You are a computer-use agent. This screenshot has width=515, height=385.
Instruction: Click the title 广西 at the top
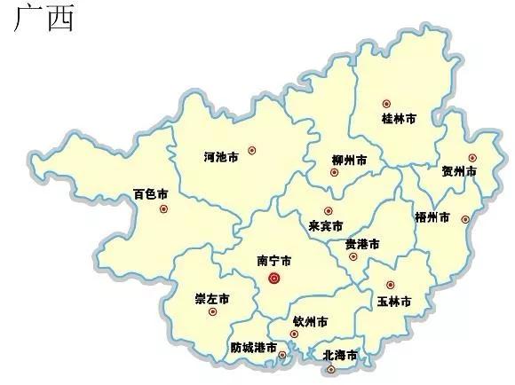(x=44, y=18)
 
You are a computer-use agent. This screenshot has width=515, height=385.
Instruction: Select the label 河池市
(x=221, y=157)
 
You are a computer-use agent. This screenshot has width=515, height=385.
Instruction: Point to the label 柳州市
(x=349, y=160)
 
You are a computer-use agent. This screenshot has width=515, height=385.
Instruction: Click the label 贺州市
(x=459, y=170)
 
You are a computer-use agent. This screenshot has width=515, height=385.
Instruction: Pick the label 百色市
(x=151, y=193)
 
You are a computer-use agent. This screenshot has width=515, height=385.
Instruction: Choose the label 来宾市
(x=326, y=225)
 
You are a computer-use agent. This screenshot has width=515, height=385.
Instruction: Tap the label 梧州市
(x=432, y=216)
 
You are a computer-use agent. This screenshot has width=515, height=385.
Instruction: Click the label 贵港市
(x=362, y=243)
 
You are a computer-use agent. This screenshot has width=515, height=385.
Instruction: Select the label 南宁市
(x=274, y=261)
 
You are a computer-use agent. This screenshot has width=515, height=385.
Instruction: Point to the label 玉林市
(x=393, y=302)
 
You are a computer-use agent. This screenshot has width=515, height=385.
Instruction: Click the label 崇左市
(x=212, y=297)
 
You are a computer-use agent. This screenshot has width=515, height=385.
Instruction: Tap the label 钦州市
(x=310, y=320)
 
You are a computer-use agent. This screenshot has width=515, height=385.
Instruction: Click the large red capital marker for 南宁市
(x=274, y=279)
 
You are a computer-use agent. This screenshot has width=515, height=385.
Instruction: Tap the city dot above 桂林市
(x=385, y=104)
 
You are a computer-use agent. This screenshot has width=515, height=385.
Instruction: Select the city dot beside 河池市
(x=252, y=151)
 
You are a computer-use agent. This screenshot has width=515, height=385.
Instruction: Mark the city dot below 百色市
(x=163, y=209)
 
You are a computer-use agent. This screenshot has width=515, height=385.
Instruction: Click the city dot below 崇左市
(x=212, y=311)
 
